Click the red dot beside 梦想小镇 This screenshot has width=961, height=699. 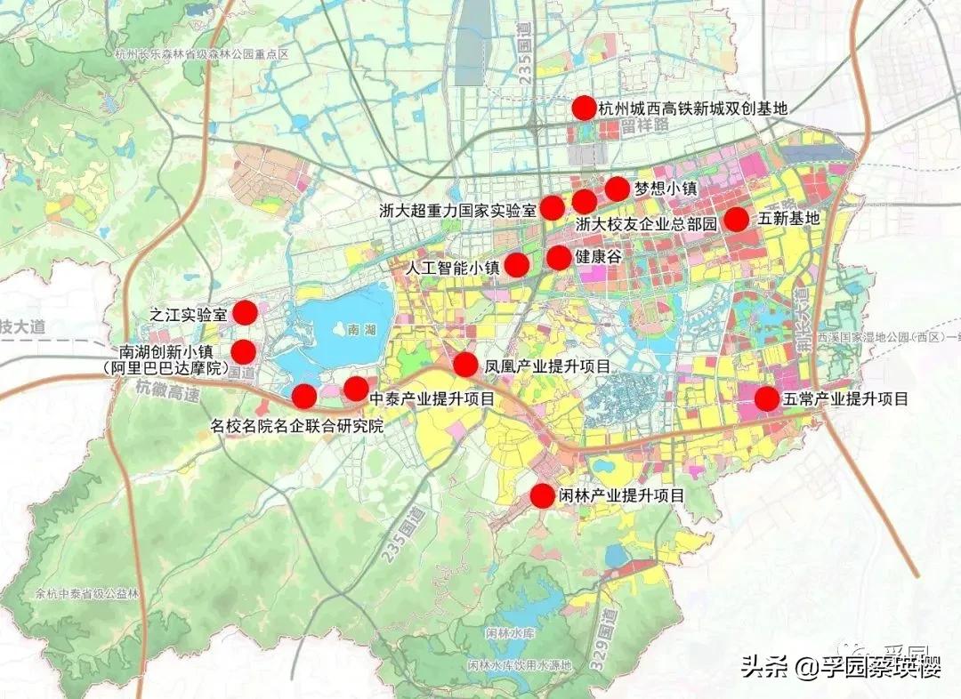[x=617, y=189]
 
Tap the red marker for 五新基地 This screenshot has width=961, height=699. [x=736, y=219]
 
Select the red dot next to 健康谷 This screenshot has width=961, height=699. [x=558, y=258]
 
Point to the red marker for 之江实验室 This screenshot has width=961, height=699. [x=245, y=312]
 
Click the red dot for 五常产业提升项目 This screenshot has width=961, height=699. [x=767, y=398]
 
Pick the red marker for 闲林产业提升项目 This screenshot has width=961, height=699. [x=542, y=495]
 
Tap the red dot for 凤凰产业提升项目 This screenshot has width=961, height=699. [x=465, y=365]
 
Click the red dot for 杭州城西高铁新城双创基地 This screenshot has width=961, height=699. [x=583, y=108]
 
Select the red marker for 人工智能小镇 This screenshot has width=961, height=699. [x=517, y=265]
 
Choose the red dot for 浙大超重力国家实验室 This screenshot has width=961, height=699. [x=553, y=208]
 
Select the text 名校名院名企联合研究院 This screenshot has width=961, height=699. [x=297, y=425]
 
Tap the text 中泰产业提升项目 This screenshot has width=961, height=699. [x=432, y=398]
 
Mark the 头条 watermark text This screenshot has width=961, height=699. [x=765, y=668]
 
